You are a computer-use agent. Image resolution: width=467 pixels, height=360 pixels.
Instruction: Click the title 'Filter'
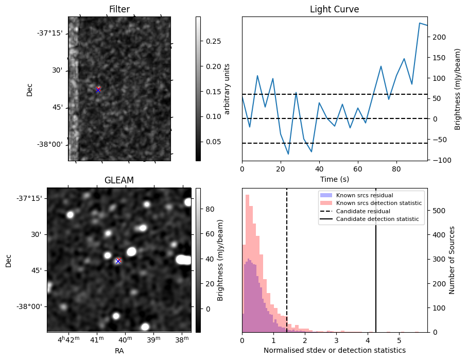pos(119,9)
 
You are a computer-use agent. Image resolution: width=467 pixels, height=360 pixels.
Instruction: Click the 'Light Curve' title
pos(334,9)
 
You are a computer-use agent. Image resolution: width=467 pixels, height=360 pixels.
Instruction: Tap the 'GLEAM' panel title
pos(119,180)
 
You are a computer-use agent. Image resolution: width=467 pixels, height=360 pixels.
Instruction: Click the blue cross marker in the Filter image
pos(98,90)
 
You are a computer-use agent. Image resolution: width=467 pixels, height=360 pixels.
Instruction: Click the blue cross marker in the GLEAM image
pos(118,261)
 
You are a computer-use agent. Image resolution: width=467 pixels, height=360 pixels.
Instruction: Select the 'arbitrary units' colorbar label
pos(227,89)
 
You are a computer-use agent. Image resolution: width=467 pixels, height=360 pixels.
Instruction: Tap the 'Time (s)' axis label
pos(334,179)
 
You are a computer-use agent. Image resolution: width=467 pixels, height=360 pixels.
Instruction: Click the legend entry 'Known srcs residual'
pos(365,196)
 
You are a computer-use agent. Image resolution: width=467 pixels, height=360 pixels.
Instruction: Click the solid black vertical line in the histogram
pos(376,268)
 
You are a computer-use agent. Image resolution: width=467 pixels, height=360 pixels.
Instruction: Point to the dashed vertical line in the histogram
pos(287,268)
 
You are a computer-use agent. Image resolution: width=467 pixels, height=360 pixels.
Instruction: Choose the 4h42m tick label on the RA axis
pos(68,340)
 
